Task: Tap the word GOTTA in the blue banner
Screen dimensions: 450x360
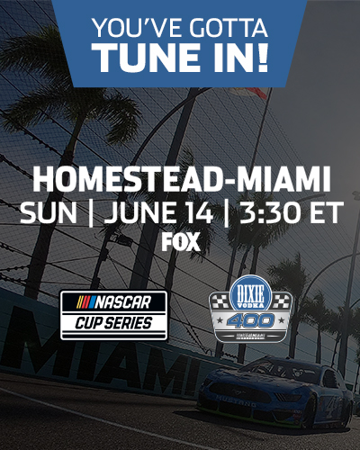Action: [x=225, y=24]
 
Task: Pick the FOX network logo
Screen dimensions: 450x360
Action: [x=180, y=241]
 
